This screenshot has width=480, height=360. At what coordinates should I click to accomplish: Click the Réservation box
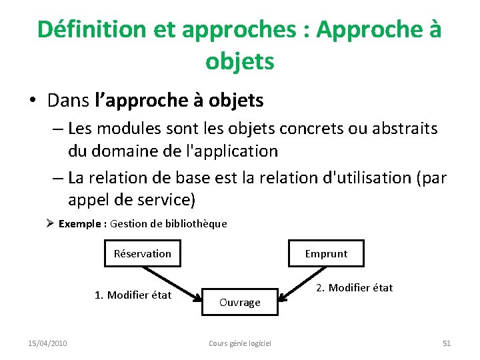(x=143, y=253)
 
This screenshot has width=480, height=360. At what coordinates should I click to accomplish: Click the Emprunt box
(x=326, y=253)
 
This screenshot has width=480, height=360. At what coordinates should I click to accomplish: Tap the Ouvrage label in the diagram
(x=239, y=303)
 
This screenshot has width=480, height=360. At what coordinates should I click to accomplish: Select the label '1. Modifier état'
(x=133, y=295)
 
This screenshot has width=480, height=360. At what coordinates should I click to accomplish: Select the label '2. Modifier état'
(x=354, y=287)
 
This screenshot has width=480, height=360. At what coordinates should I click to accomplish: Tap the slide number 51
(x=447, y=343)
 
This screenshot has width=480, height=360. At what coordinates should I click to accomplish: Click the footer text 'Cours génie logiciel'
(x=240, y=343)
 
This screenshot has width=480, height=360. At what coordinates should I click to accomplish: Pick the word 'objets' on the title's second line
(x=239, y=61)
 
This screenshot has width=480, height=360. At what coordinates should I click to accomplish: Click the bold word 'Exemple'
(x=80, y=224)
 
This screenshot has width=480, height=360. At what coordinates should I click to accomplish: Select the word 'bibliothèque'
(x=199, y=224)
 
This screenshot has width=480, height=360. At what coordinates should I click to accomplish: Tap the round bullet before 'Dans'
(x=32, y=101)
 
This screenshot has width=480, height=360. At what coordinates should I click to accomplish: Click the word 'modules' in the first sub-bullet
(x=129, y=127)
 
